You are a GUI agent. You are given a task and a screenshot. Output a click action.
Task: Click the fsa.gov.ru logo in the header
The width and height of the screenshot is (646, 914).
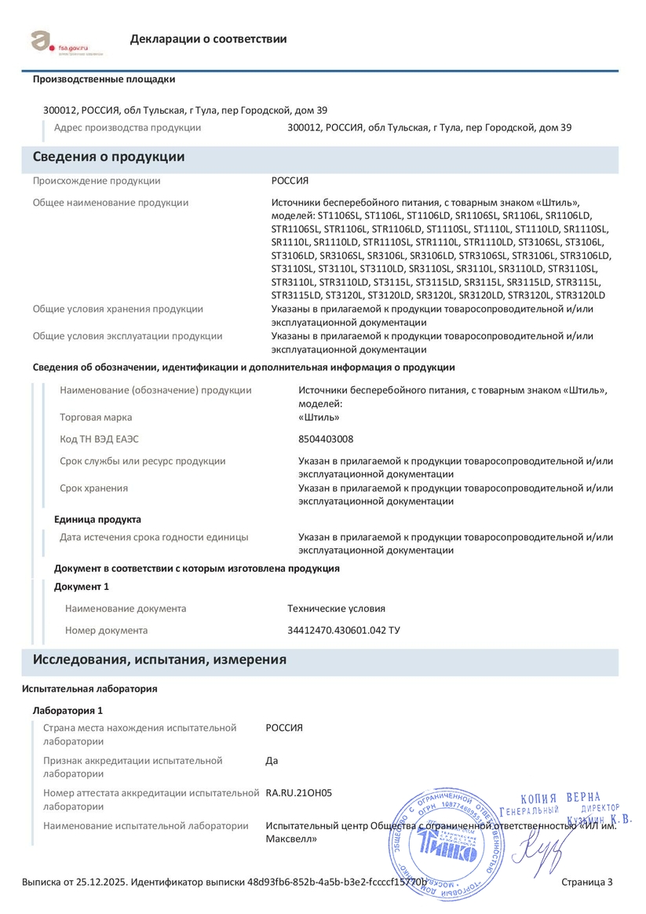tap(68, 42)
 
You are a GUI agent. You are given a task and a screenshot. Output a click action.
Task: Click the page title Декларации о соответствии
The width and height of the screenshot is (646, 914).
tap(208, 39)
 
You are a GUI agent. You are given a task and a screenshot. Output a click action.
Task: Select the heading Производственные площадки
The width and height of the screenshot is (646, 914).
tap(104, 79)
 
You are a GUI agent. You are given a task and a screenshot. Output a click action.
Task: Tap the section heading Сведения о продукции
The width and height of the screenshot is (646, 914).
tap(108, 157)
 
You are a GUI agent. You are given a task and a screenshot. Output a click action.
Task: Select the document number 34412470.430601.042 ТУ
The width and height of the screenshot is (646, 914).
tap(344, 631)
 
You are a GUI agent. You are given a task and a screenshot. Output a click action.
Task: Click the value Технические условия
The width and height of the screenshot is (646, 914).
tap(336, 609)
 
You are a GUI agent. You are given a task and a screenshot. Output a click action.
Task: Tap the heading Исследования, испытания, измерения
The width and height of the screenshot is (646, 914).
tap(159, 660)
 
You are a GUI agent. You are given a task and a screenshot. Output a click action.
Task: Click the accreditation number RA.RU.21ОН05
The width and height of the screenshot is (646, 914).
tap(298, 793)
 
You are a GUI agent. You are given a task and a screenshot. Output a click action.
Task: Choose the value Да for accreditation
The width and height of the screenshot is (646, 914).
tap(272, 760)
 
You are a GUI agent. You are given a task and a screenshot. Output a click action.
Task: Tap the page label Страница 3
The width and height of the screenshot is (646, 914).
tap(587, 883)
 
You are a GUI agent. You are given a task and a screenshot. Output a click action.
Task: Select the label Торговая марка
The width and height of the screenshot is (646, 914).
tap(96, 417)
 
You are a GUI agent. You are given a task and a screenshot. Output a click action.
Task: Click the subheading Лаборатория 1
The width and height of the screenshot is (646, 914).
tap(68, 711)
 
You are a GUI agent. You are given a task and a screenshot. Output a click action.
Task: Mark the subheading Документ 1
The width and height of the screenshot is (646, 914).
tap(81, 587)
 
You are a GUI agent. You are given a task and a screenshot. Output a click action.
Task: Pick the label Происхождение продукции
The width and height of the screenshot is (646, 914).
tap(96, 181)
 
